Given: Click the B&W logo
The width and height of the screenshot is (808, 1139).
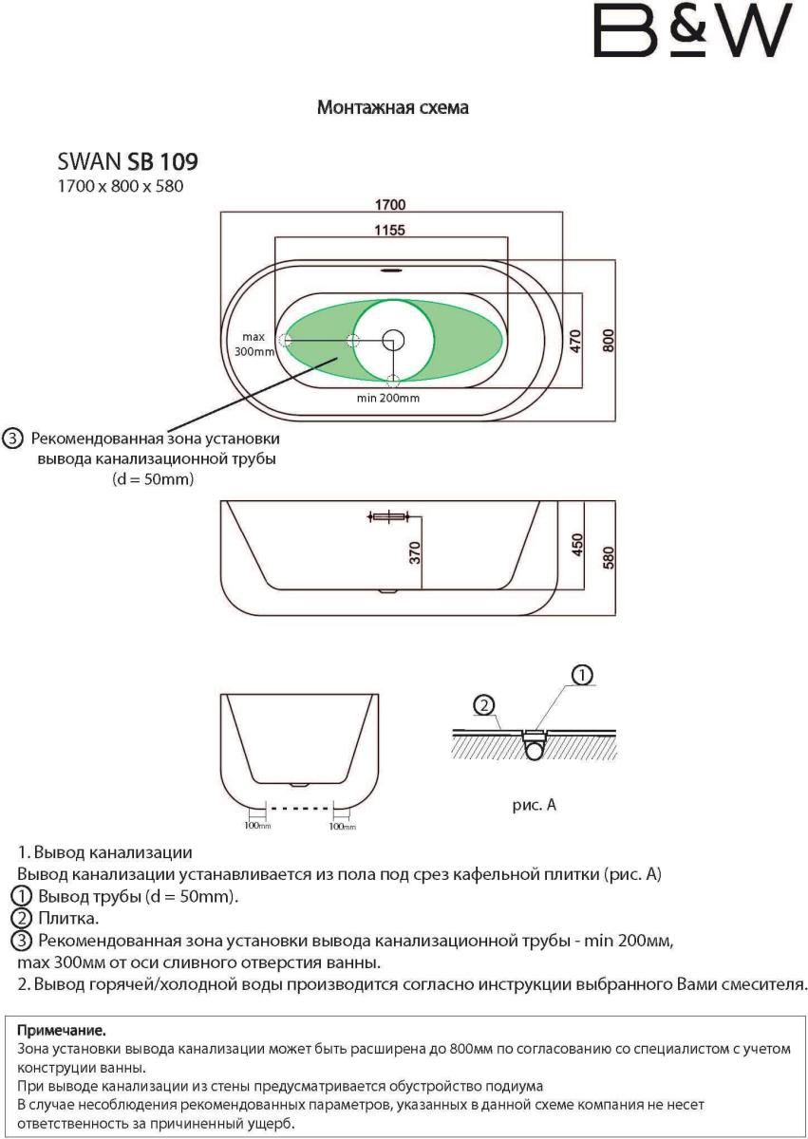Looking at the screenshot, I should (692, 32).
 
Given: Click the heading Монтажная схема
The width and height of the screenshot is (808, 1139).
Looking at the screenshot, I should (392, 108).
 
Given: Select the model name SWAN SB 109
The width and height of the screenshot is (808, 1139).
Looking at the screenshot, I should (128, 160).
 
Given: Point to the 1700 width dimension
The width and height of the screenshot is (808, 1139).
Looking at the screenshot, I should (390, 204).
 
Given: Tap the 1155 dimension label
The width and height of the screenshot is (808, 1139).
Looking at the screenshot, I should (390, 229).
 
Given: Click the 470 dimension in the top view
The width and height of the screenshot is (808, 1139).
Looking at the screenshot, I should (575, 341).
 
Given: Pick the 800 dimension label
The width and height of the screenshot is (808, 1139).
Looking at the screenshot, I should (609, 340).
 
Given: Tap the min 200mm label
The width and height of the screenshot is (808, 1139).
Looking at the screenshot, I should (388, 399).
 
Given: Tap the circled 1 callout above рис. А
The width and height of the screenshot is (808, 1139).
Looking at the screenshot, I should (581, 675).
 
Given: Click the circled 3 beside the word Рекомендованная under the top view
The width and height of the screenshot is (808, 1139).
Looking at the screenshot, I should (12, 439).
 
